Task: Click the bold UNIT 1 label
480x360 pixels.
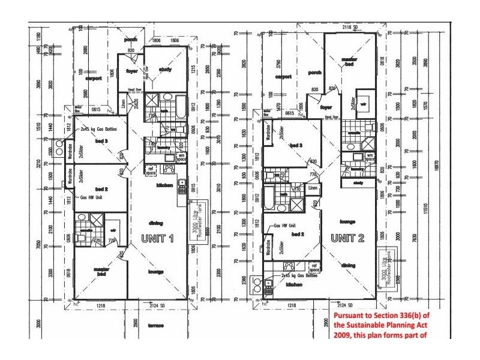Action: (157, 238)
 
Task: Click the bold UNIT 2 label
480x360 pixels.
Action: (347, 238)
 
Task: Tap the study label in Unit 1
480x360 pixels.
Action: (166, 70)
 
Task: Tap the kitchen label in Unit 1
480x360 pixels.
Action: (165, 185)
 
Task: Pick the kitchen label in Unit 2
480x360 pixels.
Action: (293, 284)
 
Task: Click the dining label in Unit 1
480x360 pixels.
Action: (157, 221)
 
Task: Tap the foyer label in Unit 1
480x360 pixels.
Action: (131, 70)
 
